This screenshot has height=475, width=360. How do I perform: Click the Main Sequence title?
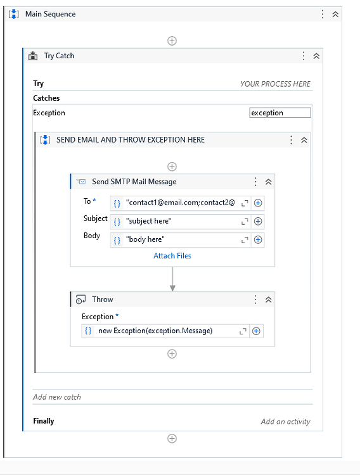pyautogui.click(x=50, y=14)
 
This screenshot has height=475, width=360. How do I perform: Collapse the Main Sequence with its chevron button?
pyautogui.click(x=335, y=14)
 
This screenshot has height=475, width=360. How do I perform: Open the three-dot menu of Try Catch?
pyautogui.click(x=304, y=56)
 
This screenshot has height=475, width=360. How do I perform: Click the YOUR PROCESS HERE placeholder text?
pyautogui.click(x=275, y=84)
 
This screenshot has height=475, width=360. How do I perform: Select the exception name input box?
pyautogui.click(x=280, y=113)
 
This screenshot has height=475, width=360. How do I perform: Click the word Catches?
pyautogui.click(x=46, y=98)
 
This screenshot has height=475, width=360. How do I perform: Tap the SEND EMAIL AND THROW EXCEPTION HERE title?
pyautogui.click(x=130, y=140)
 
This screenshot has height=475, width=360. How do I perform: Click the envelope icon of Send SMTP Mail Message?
pyautogui.click(x=81, y=182)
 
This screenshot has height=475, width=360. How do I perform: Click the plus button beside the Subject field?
pyautogui.click(x=258, y=222)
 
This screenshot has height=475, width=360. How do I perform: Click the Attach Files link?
pyautogui.click(x=172, y=256)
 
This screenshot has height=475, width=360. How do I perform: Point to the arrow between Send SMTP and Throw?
pyautogui.click(x=172, y=279)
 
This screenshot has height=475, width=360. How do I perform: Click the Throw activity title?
pyautogui.click(x=103, y=300)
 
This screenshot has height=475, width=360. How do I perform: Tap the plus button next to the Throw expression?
pyautogui.click(x=257, y=331)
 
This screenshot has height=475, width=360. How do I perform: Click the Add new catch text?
pyautogui.click(x=57, y=397)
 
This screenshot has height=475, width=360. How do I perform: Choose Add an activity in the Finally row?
pyautogui.click(x=285, y=421)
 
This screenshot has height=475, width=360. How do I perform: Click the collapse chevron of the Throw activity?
pyautogui.click(x=268, y=300)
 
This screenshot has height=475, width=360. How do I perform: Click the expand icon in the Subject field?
pyautogui.click(x=245, y=222)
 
